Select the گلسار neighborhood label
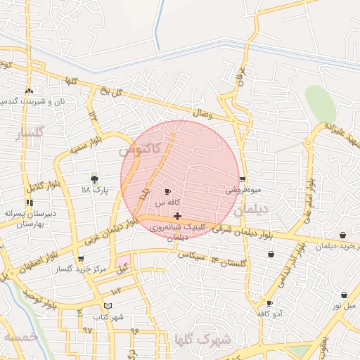(x=31, y=131)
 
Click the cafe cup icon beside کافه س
(x=167, y=191)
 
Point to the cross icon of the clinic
(x=177, y=216)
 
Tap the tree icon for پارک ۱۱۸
(x=95, y=179)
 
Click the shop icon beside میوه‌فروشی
(x=243, y=179)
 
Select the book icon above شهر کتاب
(x=107, y=306)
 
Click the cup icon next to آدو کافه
(x=269, y=304)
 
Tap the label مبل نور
(x=344, y=305)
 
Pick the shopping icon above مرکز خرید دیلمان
(x=342, y=235)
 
